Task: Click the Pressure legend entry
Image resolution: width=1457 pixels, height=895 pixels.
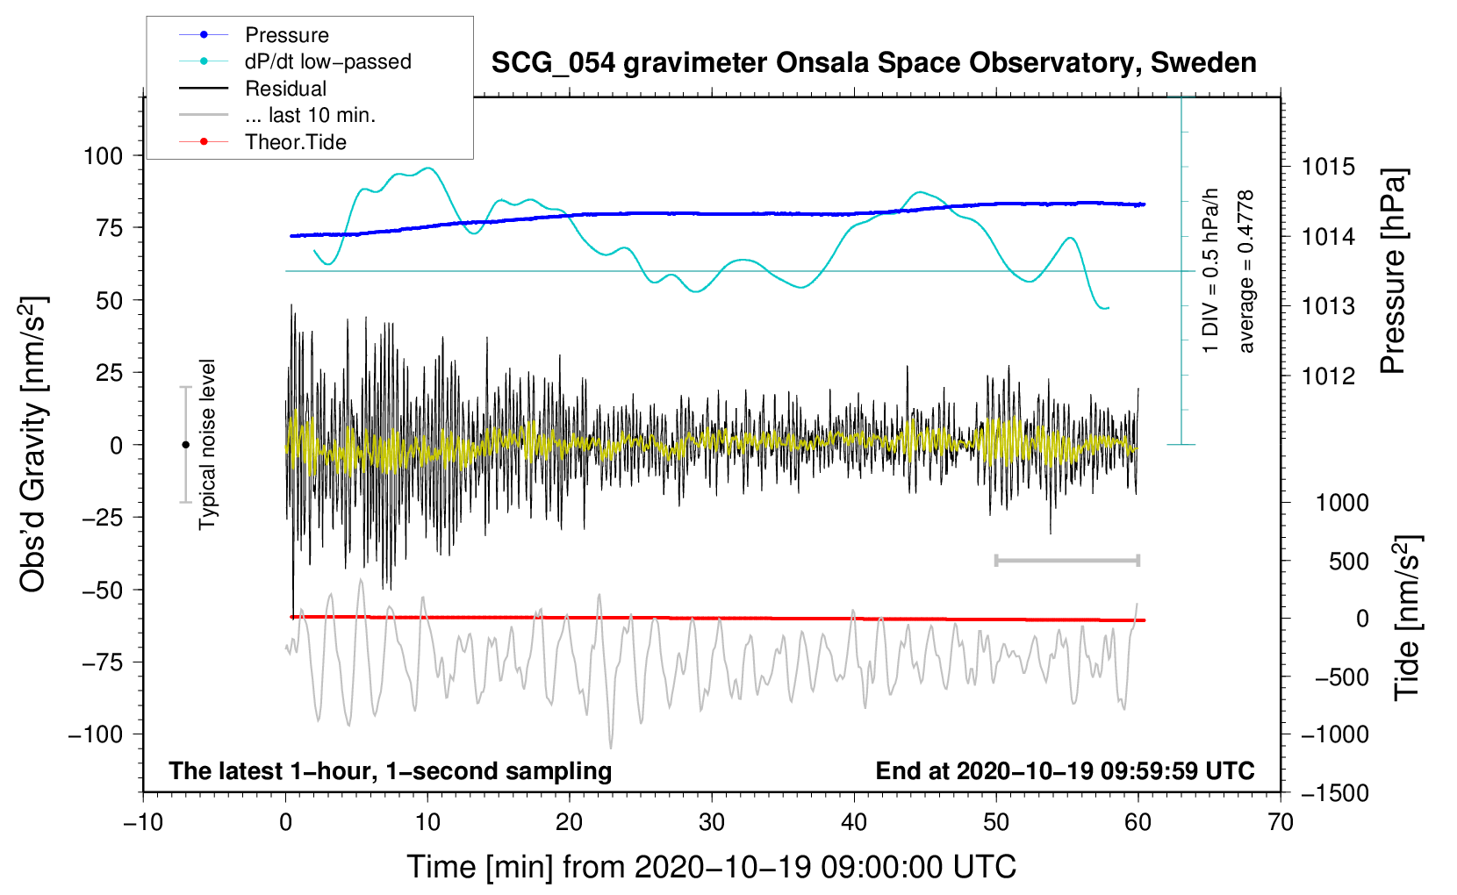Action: pyautogui.click(x=286, y=35)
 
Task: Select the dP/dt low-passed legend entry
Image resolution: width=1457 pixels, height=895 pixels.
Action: pyautogui.click(x=327, y=61)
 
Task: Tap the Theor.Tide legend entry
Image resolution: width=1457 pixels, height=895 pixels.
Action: pyautogui.click(x=295, y=142)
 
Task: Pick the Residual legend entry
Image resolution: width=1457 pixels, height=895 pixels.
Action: pyautogui.click(x=285, y=89)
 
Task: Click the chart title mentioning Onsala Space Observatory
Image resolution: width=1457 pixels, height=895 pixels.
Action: pyautogui.click(x=873, y=63)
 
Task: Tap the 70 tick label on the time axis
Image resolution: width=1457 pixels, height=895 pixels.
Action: pyautogui.click(x=1281, y=822)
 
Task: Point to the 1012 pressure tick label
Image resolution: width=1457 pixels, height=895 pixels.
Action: pyautogui.click(x=1328, y=376)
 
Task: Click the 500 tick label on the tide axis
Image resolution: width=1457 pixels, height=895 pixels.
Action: pyautogui.click(x=1348, y=562)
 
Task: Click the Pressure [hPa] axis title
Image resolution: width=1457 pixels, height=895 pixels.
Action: pyautogui.click(x=1393, y=272)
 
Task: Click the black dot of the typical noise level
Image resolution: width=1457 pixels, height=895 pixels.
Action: pyautogui.click(x=185, y=445)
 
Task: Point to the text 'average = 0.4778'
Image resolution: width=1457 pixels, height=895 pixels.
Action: pyautogui.click(x=1246, y=272)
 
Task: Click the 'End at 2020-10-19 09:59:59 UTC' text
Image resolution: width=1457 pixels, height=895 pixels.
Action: pyautogui.click(x=1065, y=770)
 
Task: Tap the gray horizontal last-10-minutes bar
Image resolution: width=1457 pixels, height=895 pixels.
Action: pyautogui.click(x=1066, y=560)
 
